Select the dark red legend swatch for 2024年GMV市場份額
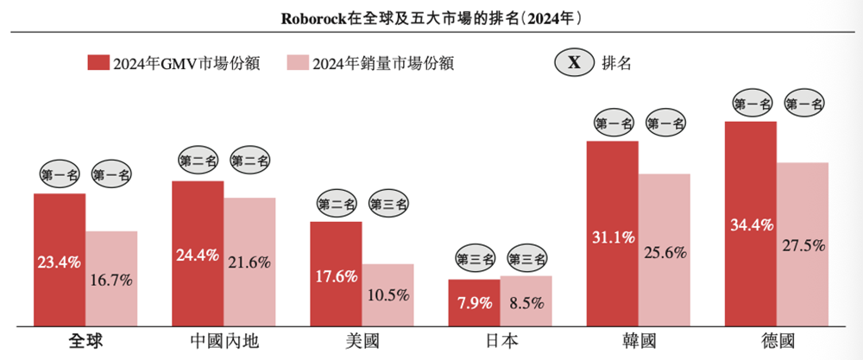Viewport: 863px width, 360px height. pos(98,63)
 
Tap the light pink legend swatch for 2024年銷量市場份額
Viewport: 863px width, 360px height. pos(298,63)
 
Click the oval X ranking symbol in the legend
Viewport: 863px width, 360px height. pos(573,63)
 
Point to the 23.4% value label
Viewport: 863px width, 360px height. pos(59,260)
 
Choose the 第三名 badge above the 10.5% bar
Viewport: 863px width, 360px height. pos(388,205)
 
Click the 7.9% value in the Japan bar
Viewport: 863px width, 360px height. pos(474,304)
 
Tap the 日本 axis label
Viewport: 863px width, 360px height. pos(500,341)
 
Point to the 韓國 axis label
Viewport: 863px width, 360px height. pos(638,341)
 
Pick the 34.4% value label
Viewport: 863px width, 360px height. pos(750,226)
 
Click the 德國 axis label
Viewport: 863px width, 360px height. pos(776,341)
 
